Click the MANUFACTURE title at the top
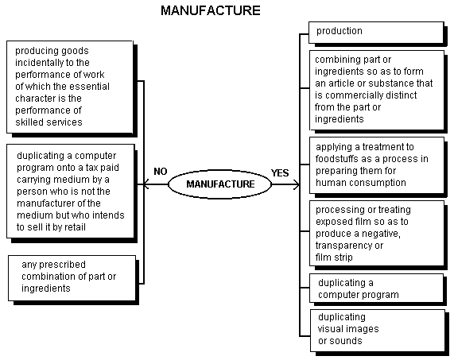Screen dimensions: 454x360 point(211,10)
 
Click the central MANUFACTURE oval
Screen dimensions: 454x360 point(219,184)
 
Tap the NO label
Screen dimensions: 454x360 point(161,172)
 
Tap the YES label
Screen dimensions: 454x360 point(280,172)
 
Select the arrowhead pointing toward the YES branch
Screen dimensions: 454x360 point(297,184)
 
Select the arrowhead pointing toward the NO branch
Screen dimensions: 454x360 point(146,184)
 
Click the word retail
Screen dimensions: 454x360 point(76,227)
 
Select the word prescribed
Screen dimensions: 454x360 point(62,265)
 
